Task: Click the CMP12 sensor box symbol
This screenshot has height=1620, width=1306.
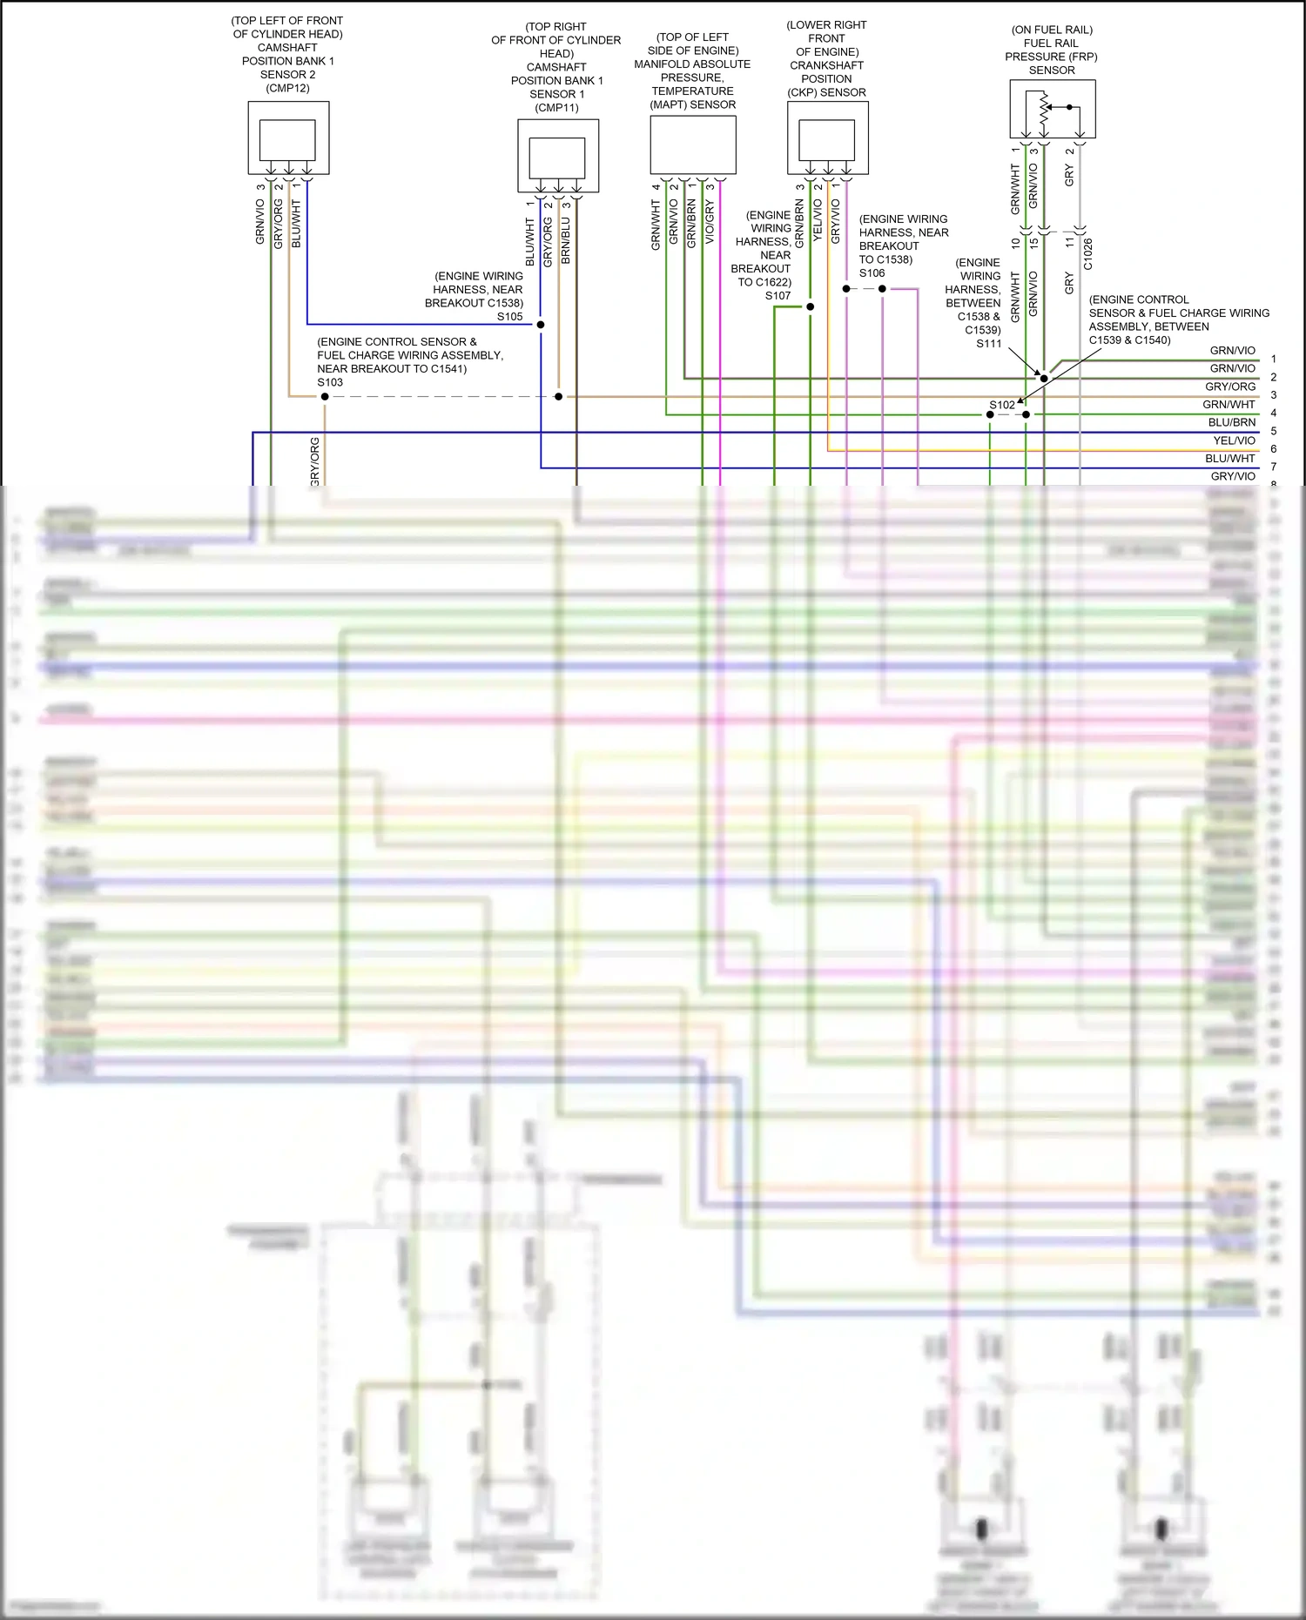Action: pyautogui.click(x=288, y=138)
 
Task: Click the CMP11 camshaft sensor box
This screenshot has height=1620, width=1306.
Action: pyautogui.click(x=558, y=156)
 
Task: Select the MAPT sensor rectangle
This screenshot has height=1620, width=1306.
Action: pyautogui.click(x=693, y=145)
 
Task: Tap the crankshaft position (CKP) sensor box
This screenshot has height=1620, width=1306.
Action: pyautogui.click(x=827, y=138)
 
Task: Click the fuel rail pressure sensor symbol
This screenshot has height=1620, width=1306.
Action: pyautogui.click(x=1052, y=109)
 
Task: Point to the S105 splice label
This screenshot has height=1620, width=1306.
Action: pyautogui.click(x=510, y=317)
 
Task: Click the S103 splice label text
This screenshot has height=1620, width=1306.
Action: pyautogui.click(x=330, y=382)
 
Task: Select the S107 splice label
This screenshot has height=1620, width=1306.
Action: pyautogui.click(x=778, y=296)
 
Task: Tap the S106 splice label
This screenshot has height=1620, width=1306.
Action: pyautogui.click(x=872, y=273)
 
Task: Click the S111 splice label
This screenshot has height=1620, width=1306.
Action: pyautogui.click(x=988, y=344)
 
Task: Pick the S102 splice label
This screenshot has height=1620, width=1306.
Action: pyautogui.click(x=1002, y=405)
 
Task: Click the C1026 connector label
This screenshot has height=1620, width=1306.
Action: pyautogui.click(x=1087, y=254)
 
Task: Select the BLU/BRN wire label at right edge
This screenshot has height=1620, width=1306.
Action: pyautogui.click(x=1232, y=422)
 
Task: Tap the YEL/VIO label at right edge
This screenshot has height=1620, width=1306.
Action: pyautogui.click(x=1235, y=440)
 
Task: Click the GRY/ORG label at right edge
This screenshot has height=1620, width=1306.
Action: pyautogui.click(x=1230, y=387)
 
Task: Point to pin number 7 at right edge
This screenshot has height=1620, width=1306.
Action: pyautogui.click(x=1274, y=467)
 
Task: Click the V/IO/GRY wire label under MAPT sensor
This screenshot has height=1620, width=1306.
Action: pyautogui.click(x=710, y=222)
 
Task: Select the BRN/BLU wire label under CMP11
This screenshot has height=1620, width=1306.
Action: pyautogui.click(x=566, y=240)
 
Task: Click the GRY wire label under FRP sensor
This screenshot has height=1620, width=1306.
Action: pyautogui.click(x=1070, y=175)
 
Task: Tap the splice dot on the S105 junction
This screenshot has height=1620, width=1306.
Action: pyautogui.click(x=541, y=325)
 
